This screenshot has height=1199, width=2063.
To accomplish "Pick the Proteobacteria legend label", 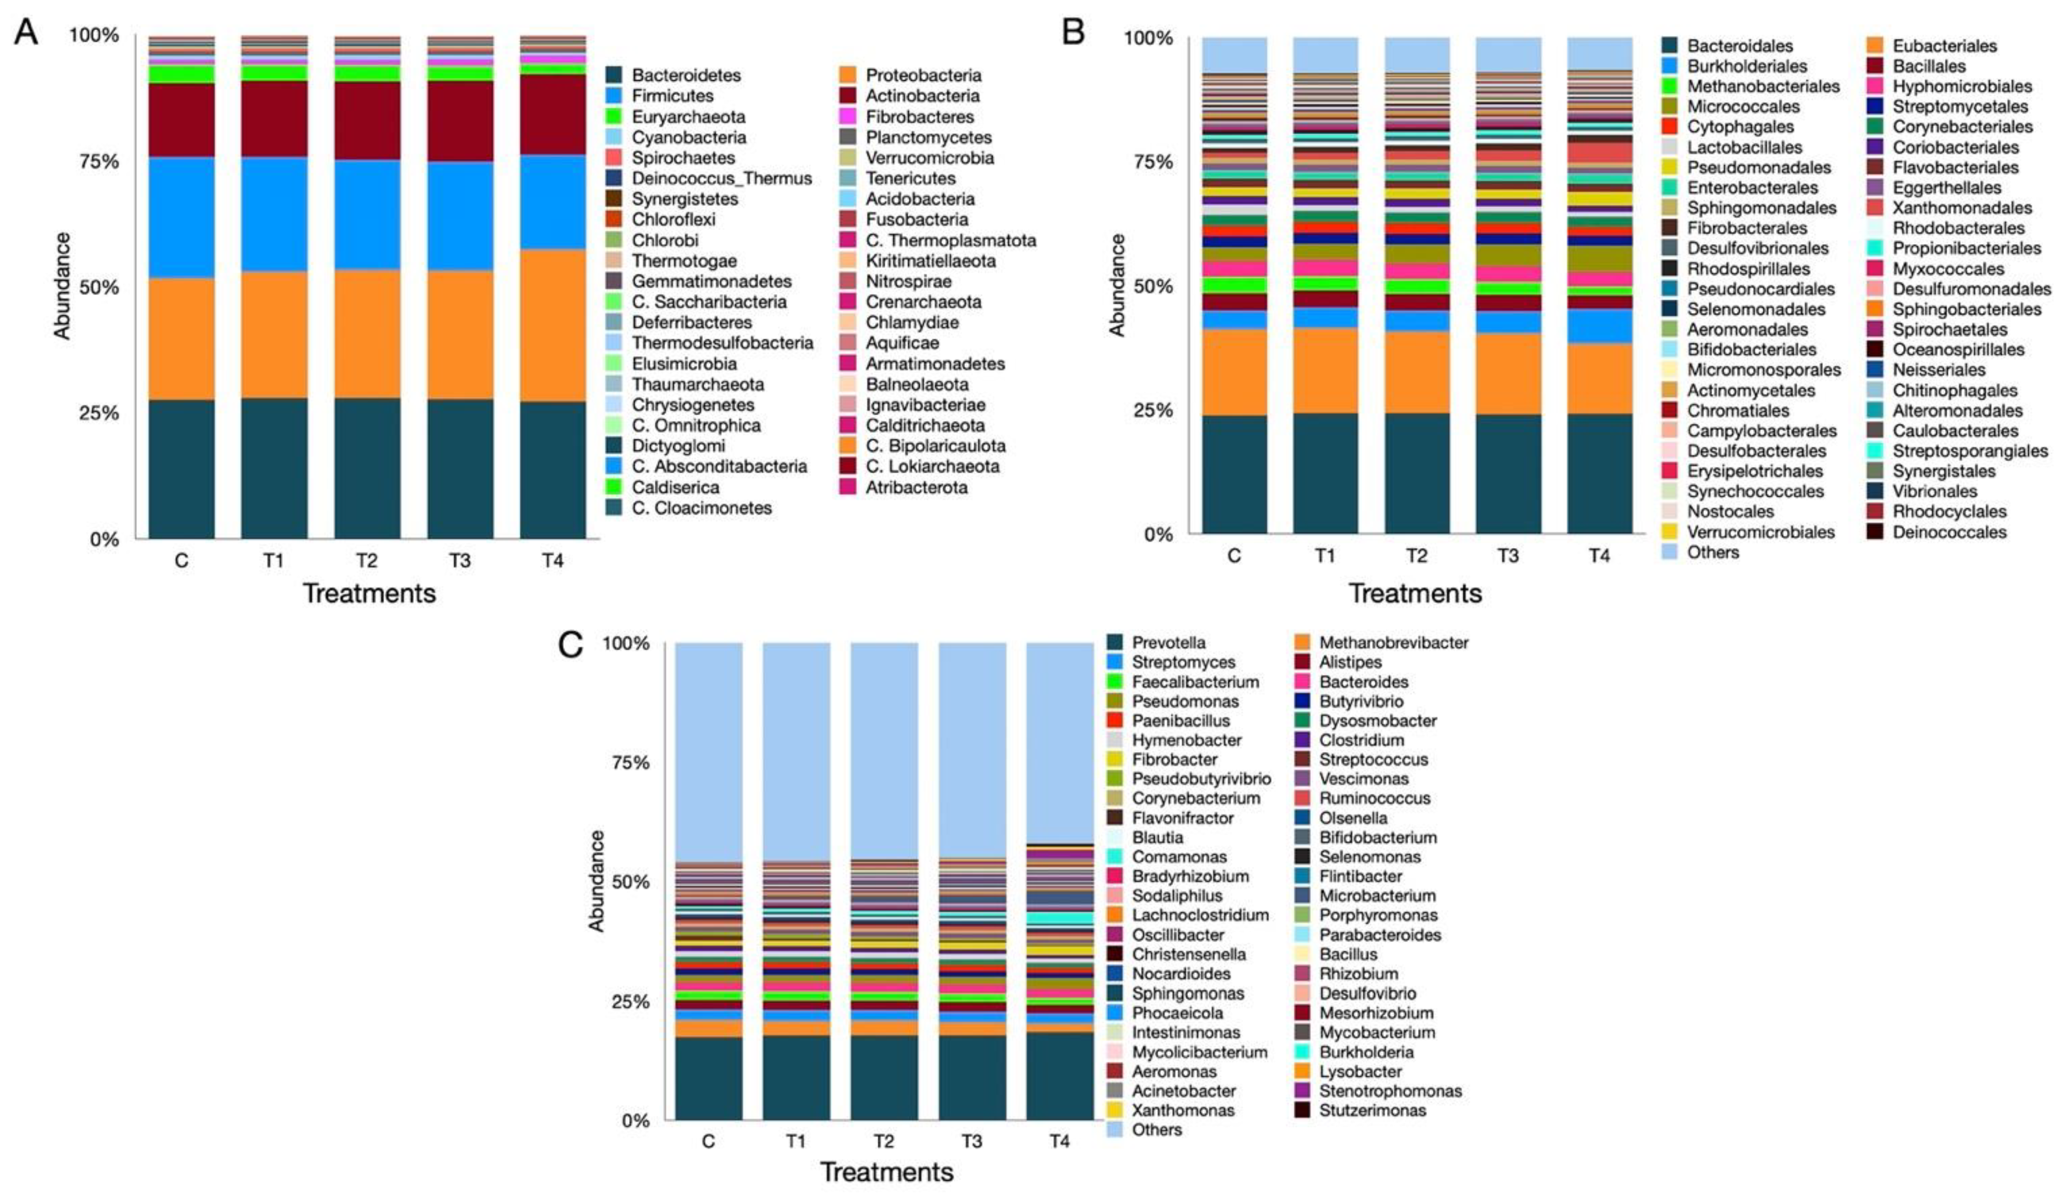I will [924, 75].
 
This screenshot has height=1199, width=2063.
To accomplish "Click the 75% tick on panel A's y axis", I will [98, 161].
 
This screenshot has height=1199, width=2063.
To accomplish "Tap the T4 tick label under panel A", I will [552, 561].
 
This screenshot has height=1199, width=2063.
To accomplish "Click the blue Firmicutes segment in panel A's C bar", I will [181, 217].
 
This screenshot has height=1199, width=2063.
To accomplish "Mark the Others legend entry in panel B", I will [1713, 553].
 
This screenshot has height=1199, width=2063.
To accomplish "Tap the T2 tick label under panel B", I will [1416, 556].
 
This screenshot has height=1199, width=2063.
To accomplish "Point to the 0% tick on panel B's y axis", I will [1158, 535].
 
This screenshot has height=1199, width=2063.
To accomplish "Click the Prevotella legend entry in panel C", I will [1168, 643].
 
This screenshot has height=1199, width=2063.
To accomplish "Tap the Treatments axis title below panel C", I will [886, 1172].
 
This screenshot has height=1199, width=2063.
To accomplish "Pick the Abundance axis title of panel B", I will [1117, 285].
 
